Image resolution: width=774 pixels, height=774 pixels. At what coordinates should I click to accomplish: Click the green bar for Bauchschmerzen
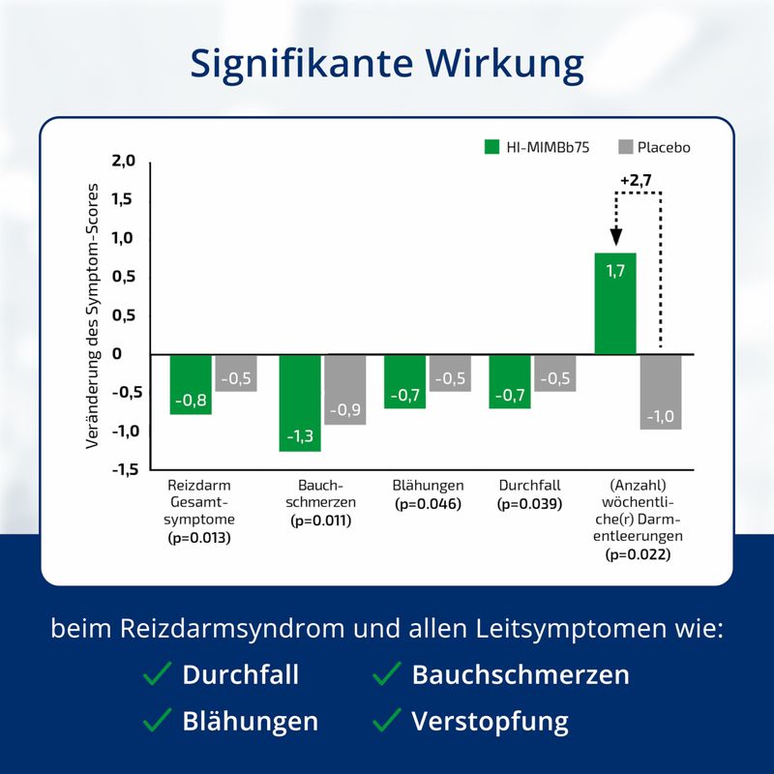point(300,402)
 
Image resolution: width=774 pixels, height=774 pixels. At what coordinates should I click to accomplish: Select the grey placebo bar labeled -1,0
point(661,392)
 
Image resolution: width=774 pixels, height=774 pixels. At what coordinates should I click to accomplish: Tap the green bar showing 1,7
point(615,303)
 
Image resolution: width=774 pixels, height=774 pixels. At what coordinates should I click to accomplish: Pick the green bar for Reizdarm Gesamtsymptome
point(191,384)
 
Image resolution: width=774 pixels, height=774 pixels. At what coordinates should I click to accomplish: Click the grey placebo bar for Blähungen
point(450,372)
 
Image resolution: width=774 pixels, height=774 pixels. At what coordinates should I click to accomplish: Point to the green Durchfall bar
point(510,381)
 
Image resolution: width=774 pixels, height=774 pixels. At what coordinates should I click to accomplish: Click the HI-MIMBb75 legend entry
point(535,147)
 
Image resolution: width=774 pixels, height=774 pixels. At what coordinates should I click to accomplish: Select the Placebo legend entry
point(653,147)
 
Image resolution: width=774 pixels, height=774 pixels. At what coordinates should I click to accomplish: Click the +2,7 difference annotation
point(637,179)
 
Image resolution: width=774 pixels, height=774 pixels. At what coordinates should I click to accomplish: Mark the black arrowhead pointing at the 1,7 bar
point(616,238)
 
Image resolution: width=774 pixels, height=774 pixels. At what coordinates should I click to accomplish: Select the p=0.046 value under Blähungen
point(428,504)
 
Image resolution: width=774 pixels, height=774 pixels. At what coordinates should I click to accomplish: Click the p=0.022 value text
point(638,554)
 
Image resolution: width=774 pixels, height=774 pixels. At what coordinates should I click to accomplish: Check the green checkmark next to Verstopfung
point(387,719)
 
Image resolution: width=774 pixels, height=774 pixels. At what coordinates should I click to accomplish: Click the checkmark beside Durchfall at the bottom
point(157,673)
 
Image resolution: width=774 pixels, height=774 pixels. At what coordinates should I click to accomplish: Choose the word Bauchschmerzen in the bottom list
point(521,674)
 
